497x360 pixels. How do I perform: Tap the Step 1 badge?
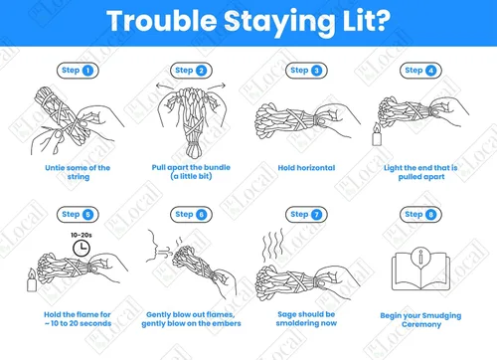[78, 71]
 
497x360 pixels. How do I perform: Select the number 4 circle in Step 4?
[430, 71]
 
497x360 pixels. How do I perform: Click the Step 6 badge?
[191, 215]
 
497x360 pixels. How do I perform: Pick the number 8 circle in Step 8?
[430, 215]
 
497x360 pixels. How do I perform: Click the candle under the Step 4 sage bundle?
[377, 134]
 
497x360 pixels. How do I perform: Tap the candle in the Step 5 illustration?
[32, 280]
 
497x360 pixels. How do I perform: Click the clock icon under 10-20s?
[82, 248]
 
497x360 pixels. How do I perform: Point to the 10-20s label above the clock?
[82, 235]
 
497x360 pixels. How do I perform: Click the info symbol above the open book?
[420, 257]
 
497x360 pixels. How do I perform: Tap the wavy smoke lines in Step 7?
[273, 246]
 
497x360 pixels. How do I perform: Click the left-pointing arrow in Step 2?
[167, 86]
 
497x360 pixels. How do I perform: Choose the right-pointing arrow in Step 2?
[217, 86]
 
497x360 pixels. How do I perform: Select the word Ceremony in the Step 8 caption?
[421, 324]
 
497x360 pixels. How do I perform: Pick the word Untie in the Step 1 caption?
[53, 168]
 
